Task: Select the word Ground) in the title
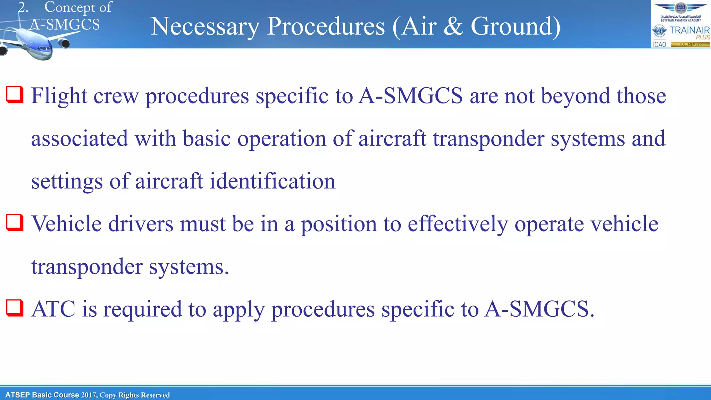[x=516, y=27]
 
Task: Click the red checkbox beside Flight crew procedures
[x=15, y=95]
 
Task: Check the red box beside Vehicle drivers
[x=15, y=223]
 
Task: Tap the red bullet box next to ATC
[x=15, y=308]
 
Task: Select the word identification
[x=273, y=181]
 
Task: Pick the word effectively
[x=458, y=224]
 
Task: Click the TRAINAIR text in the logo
[x=689, y=30]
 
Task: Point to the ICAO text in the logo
[x=659, y=44]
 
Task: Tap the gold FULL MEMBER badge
[x=690, y=44]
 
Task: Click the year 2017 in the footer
[x=89, y=395]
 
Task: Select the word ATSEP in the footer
[x=17, y=395]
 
